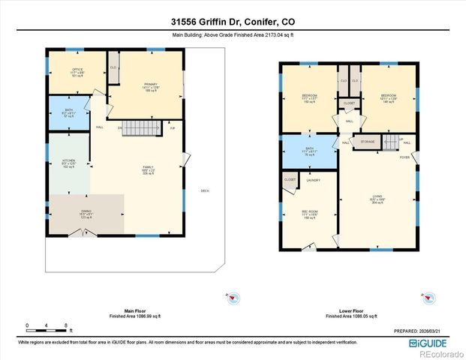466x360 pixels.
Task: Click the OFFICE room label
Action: (x=77, y=70)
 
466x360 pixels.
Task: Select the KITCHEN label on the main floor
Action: (x=68, y=161)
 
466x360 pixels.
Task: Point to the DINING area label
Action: (x=86, y=212)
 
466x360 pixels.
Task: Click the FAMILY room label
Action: (x=150, y=167)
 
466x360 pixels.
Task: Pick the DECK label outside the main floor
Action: (x=204, y=190)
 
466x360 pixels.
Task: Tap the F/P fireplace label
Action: (x=172, y=128)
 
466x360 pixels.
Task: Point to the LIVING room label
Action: (x=377, y=197)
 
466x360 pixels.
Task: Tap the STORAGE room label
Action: (x=368, y=142)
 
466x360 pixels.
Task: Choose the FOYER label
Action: (x=404, y=157)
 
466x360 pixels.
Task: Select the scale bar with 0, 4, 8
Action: (x=47, y=327)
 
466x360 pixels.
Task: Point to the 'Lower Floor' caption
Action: (x=347, y=310)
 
